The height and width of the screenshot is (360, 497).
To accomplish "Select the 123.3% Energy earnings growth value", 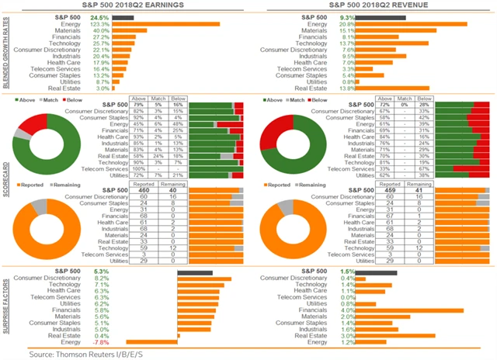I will tap(99, 23).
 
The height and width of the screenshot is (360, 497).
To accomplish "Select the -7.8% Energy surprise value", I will tap(100, 342).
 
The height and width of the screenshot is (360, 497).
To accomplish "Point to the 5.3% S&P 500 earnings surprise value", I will tap(101, 271).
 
